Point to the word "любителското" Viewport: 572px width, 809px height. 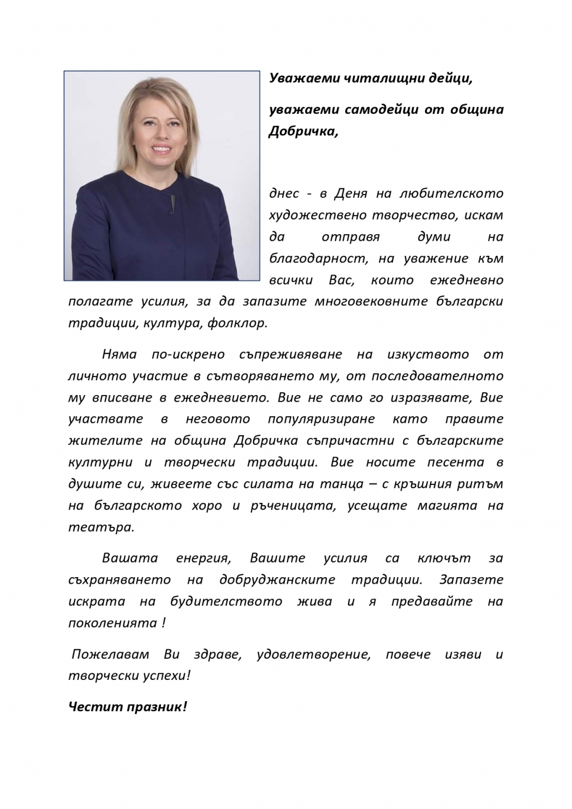451,194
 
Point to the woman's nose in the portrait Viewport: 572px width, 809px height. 159,134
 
